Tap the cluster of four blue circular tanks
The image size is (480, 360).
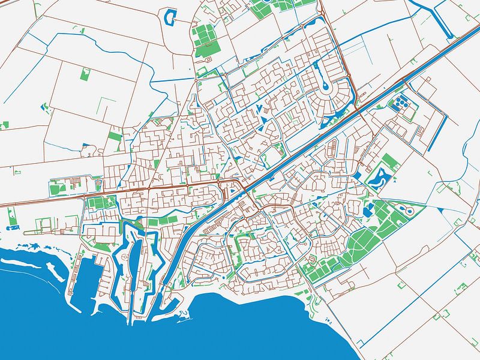pos(400,104)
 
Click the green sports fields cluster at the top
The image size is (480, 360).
pos(206,39)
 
